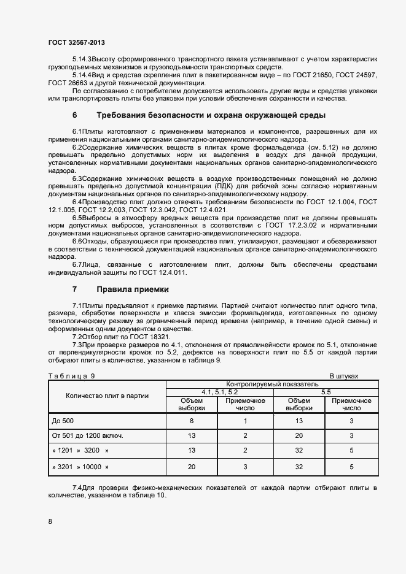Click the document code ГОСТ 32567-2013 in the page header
pos(76,42)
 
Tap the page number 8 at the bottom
pos(50,521)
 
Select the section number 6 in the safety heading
pos(75,115)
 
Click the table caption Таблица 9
pos(71,375)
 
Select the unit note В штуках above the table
pos(343,375)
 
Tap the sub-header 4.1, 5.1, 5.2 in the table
pos(220,392)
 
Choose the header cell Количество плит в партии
pos(107,396)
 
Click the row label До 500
pos(63,421)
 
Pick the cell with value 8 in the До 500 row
pos(192,421)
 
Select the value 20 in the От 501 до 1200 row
pos(299,435)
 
